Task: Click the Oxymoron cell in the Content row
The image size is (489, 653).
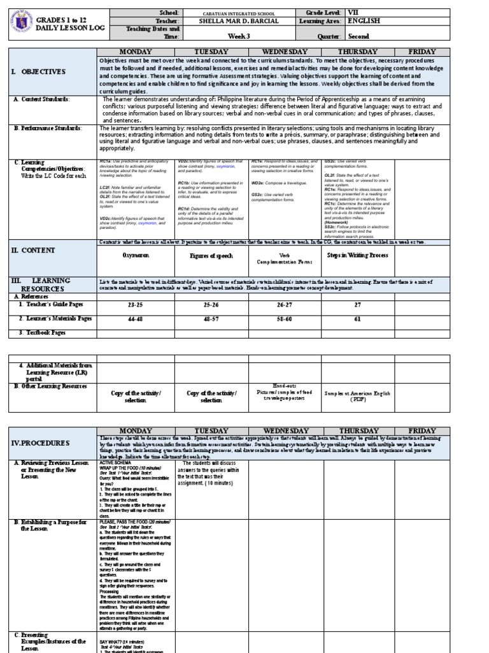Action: (x=135, y=255)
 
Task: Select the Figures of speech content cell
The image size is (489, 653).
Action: (x=211, y=255)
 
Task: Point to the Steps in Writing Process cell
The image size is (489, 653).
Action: (x=358, y=255)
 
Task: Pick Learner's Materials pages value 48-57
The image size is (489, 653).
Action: (x=211, y=318)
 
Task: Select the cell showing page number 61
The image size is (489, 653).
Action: (x=358, y=318)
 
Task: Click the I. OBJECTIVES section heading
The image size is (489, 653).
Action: (x=41, y=72)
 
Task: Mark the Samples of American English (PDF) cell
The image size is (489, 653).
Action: (x=358, y=397)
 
